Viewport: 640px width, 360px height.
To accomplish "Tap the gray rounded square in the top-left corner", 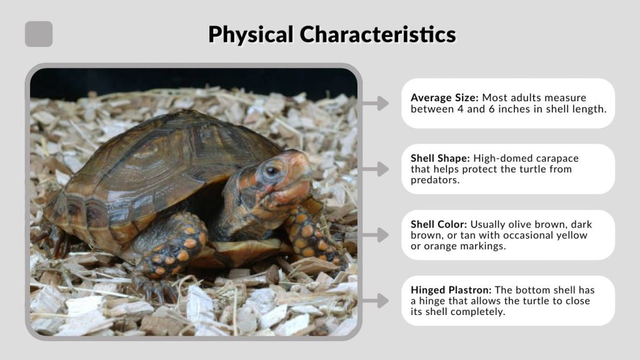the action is click(x=39, y=34).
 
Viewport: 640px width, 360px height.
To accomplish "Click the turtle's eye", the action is click(x=271, y=171).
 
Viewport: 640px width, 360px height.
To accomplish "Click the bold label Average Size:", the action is click(x=444, y=98).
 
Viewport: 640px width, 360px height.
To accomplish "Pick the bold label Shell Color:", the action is click(x=439, y=224).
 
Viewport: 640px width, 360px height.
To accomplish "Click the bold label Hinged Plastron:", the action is click(x=450, y=290).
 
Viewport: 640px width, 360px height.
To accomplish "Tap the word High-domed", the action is click(x=501, y=159).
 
